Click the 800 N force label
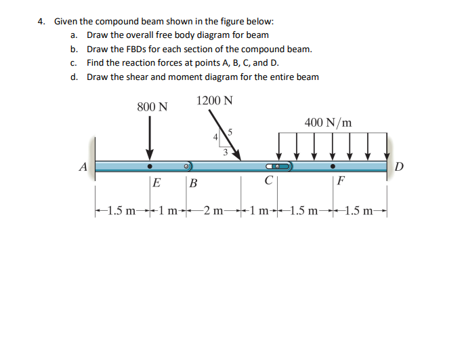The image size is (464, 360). [x=152, y=107]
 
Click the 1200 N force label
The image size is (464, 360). [x=215, y=100]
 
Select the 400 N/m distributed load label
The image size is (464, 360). [x=328, y=123]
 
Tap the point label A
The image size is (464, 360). [x=83, y=166]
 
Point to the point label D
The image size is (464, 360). [x=399, y=167]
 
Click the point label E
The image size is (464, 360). [x=156, y=182]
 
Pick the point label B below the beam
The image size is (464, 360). [x=193, y=182]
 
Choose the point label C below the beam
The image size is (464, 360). [x=270, y=181]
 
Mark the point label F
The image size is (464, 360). [x=341, y=182]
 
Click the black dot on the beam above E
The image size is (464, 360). [x=150, y=165]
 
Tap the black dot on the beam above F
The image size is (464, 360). [x=333, y=165]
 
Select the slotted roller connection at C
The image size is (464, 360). [x=278, y=165]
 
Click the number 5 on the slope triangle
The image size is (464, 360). [x=230, y=132]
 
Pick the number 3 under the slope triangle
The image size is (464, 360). [x=224, y=153]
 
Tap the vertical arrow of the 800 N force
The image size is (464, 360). [x=150, y=136]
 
